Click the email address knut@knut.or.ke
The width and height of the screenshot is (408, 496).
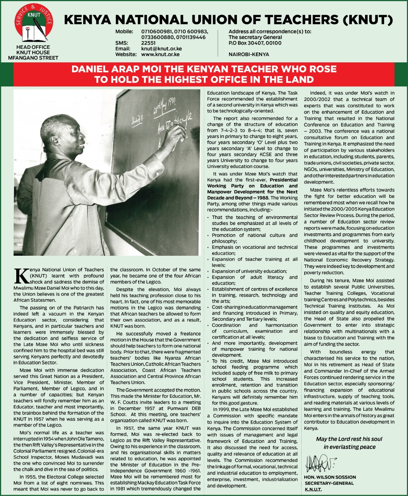coord(161,49)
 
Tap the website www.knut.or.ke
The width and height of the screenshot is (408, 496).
coord(160,55)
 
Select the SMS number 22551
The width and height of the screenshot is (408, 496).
coord(148,43)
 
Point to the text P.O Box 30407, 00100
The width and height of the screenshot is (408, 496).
coord(255,43)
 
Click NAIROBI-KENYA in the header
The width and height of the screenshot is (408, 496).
coord(249,55)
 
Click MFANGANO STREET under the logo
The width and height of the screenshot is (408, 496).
coord(33,58)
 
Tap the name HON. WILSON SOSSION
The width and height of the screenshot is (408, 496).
coord(330,477)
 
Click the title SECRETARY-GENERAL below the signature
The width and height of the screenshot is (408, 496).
coord(329,483)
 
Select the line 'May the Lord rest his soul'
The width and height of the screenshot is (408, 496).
coord(349,439)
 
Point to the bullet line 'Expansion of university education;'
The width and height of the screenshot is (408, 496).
coord(249,271)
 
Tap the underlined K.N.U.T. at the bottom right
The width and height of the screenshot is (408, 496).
coord(313,489)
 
